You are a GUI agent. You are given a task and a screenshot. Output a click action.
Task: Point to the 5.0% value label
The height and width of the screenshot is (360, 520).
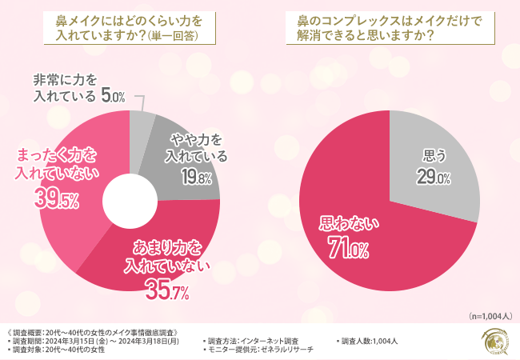tap(113, 97)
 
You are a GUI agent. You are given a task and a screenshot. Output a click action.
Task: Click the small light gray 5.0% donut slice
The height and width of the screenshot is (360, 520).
tap(142, 122)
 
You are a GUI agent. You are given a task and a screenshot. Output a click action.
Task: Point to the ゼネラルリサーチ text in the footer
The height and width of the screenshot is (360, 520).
tap(285, 350)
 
